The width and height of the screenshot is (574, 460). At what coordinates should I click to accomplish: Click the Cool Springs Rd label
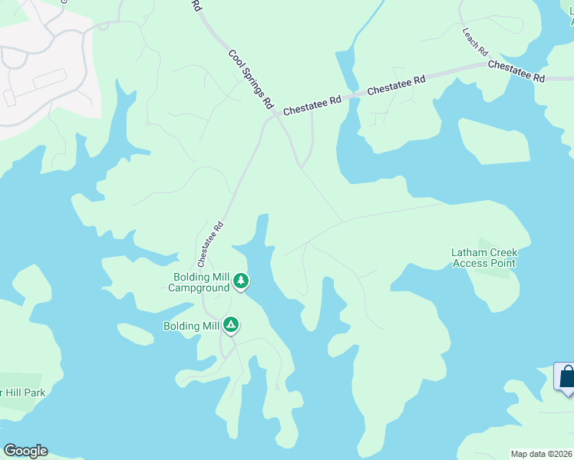click(251, 79)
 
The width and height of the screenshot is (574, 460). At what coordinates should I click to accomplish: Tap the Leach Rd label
click(475, 42)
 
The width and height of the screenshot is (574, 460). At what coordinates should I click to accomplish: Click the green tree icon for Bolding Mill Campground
click(241, 281)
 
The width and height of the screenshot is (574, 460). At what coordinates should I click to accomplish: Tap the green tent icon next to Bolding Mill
click(230, 325)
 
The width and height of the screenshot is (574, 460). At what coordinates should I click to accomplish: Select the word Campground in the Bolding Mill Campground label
click(199, 288)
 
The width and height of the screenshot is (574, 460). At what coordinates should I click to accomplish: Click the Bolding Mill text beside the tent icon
click(191, 326)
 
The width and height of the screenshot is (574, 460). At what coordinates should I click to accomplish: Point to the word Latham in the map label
click(467, 252)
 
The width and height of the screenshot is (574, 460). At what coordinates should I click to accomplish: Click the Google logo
click(25, 451)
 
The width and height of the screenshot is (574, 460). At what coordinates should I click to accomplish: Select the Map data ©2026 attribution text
click(542, 454)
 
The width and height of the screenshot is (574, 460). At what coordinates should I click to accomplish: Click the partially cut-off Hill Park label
click(23, 393)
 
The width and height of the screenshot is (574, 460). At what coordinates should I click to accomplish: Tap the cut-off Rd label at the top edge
click(196, 5)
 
